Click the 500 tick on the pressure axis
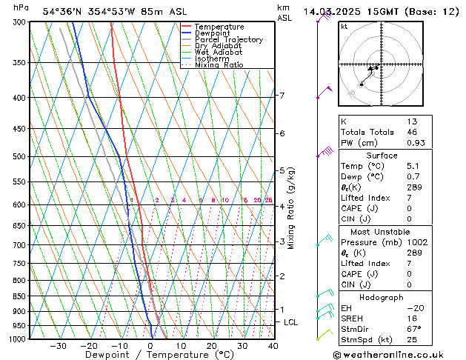point(19,156)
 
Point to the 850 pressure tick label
point(19,296)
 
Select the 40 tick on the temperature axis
point(273,345)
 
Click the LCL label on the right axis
point(290,322)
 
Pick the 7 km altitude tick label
point(282,96)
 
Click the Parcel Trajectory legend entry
point(228,39)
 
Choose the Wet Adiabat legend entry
point(219,53)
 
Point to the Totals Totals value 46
point(412,132)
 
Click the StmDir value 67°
point(414,329)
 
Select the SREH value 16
point(412,318)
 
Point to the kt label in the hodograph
point(344,27)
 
